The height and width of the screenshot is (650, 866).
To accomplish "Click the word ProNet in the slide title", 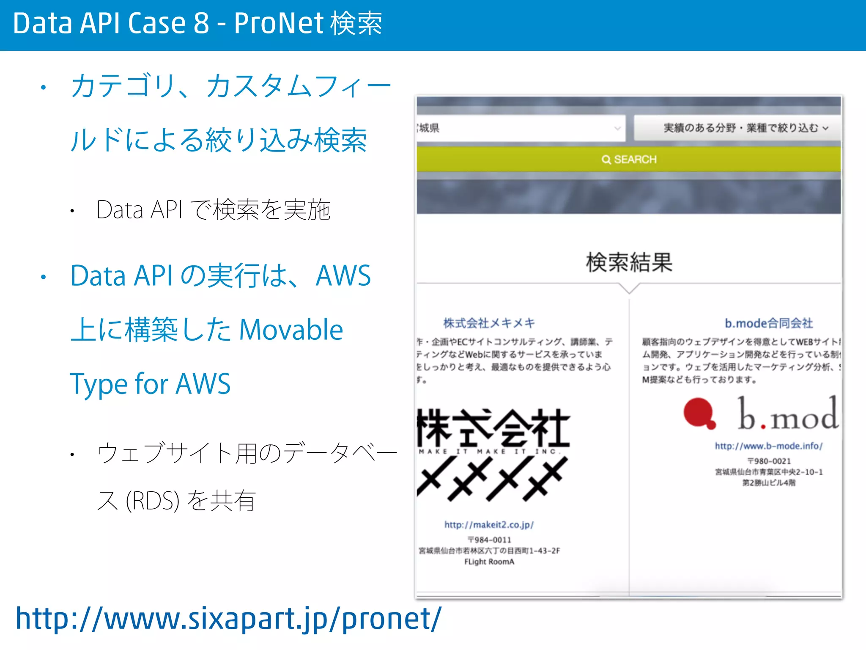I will [x=279, y=23].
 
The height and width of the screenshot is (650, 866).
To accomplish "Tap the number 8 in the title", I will [x=201, y=23].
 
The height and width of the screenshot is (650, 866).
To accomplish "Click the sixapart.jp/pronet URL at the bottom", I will [x=228, y=619].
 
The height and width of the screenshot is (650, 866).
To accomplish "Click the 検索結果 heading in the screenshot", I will [x=629, y=262].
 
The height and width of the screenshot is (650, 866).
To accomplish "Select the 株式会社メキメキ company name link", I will [x=489, y=323].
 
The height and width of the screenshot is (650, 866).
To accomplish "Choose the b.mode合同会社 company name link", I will [x=768, y=323].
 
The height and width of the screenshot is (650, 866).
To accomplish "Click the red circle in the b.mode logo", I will [x=698, y=413].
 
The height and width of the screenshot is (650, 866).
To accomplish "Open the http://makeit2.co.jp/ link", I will [x=489, y=525].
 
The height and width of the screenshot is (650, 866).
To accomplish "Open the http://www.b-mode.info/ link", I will [x=768, y=446].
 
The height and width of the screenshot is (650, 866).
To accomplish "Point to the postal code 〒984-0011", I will [x=489, y=540].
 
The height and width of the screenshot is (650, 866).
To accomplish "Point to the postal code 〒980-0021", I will [x=768, y=461].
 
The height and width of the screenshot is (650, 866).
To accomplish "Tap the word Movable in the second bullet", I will [x=291, y=330].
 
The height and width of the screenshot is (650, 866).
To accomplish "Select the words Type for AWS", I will [x=150, y=384].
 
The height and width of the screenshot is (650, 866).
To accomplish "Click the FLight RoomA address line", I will [x=489, y=562].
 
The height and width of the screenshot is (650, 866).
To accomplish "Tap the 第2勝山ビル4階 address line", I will [x=768, y=483].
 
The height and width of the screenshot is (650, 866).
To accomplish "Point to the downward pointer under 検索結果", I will [x=629, y=289].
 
